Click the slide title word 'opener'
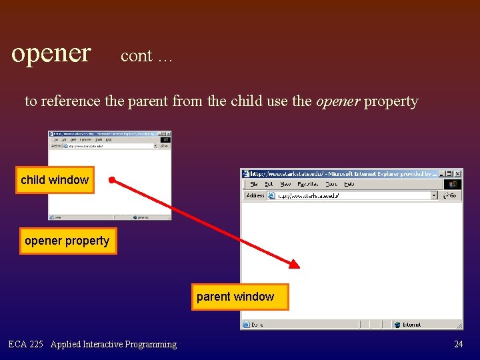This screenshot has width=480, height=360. click(x=51, y=52)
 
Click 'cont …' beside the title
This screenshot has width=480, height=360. click(x=146, y=56)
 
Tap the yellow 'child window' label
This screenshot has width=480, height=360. click(x=55, y=180)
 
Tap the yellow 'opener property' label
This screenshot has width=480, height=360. click(x=67, y=241)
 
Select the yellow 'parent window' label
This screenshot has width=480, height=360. click(x=235, y=297)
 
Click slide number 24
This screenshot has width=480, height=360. click(x=458, y=345)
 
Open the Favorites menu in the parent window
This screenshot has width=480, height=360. click(x=307, y=184)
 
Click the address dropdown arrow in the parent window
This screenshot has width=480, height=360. click(x=434, y=195)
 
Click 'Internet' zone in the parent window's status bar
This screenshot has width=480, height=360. click(x=411, y=325)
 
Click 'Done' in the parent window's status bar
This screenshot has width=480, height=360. click(x=257, y=325)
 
